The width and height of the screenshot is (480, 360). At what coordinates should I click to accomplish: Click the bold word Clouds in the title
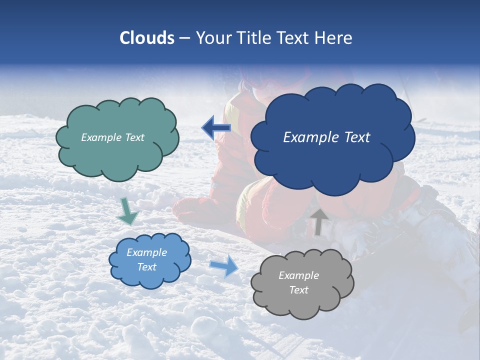[x=147, y=38]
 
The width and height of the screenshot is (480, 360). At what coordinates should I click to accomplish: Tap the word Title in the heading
[x=253, y=38]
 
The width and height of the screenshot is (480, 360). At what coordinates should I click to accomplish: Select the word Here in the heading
[x=335, y=38]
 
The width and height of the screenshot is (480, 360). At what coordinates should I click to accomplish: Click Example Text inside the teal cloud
[x=112, y=137]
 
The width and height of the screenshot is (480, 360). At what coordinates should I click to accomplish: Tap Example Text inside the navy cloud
[x=326, y=137]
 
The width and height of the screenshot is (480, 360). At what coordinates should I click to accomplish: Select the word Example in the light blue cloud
[x=147, y=252]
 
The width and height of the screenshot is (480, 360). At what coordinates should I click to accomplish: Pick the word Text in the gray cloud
[x=299, y=290]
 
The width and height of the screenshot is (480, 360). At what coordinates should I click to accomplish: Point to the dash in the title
[x=184, y=38]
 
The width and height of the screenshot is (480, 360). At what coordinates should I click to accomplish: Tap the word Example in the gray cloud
[x=299, y=275]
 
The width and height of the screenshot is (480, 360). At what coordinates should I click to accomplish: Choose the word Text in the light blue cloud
[x=147, y=267]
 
